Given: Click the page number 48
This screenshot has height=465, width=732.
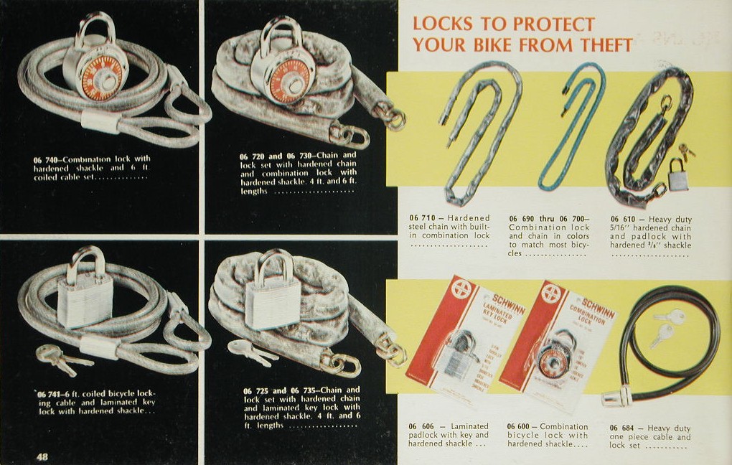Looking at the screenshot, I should [x=42, y=456].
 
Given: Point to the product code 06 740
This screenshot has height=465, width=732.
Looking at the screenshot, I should [x=48, y=159].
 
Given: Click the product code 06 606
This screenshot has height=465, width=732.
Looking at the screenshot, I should [x=424, y=426].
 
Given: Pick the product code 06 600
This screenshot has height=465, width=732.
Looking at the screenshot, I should [x=522, y=426].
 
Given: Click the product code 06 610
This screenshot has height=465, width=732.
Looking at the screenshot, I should [x=625, y=219].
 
